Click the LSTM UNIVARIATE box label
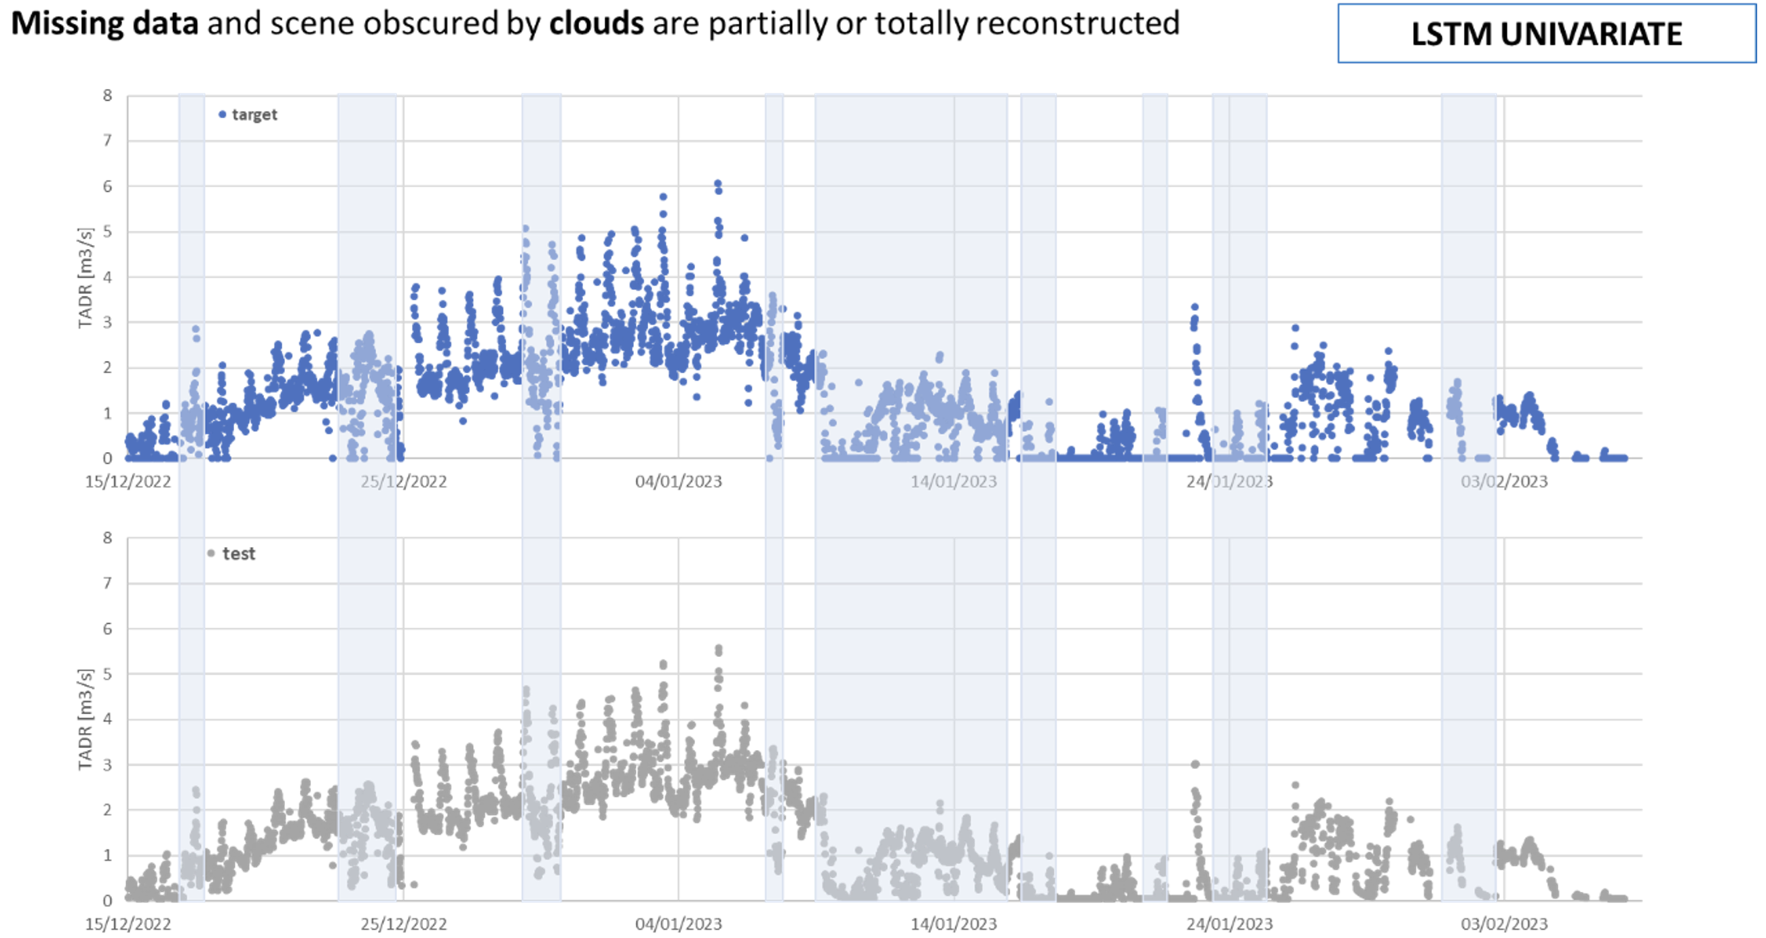click(x=1546, y=34)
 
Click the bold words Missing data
click(x=105, y=23)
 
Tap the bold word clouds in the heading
click(x=597, y=23)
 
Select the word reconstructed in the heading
click(x=1077, y=23)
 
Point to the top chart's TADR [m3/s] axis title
click(x=85, y=278)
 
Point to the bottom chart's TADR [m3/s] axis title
click(x=85, y=719)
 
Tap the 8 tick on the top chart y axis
click(x=108, y=95)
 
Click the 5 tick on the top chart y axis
click(x=108, y=231)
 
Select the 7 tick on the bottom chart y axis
click(x=108, y=583)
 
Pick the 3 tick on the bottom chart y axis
click(x=108, y=764)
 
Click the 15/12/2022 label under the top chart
click(x=128, y=481)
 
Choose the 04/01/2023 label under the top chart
click(x=678, y=481)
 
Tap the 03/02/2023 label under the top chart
click(x=1503, y=481)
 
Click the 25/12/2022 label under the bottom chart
click(x=403, y=924)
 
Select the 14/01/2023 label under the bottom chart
click(x=954, y=924)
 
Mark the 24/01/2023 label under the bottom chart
click(x=1229, y=924)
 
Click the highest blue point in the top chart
click(x=718, y=184)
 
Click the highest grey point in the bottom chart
click(x=719, y=648)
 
